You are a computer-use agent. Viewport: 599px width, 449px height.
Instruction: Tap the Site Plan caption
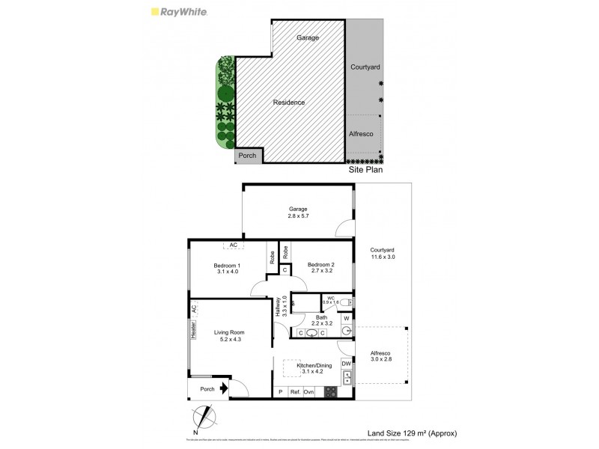(x=366, y=171)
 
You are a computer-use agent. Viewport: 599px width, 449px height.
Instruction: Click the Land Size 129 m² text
(x=412, y=433)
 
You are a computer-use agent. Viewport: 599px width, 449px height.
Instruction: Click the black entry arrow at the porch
(x=222, y=389)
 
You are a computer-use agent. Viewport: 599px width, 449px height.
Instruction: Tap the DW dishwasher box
(x=346, y=364)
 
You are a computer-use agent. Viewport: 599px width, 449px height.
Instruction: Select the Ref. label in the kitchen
(x=295, y=391)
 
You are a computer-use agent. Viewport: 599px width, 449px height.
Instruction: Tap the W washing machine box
(x=346, y=318)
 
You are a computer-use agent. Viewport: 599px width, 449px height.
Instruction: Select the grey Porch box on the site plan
(x=248, y=156)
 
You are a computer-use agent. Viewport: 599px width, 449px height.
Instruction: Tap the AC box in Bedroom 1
(x=234, y=245)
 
